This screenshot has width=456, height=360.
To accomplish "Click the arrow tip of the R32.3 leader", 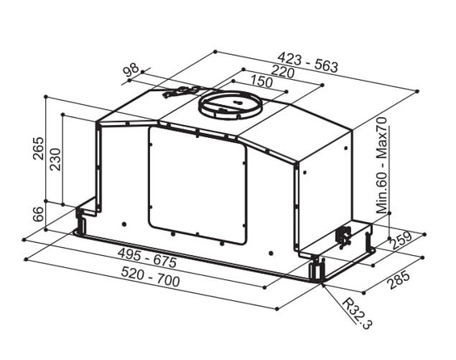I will point(323,284).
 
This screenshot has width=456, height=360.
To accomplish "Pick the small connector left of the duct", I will point(176,93).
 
